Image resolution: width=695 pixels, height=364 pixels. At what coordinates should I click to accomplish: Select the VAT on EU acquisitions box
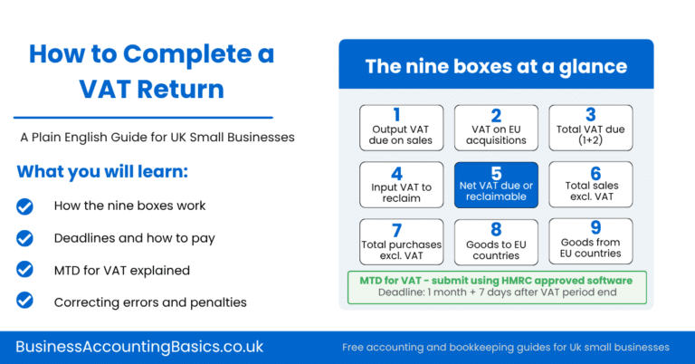(x=496, y=128)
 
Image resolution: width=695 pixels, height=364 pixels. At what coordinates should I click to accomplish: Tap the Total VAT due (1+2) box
(x=591, y=128)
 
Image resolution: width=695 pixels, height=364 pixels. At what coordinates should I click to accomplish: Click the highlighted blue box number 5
(x=496, y=184)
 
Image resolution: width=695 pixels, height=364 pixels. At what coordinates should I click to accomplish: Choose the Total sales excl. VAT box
(x=591, y=184)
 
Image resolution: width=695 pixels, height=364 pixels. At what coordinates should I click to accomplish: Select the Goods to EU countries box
(x=496, y=240)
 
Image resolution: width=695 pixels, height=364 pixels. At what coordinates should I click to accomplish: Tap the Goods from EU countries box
(x=591, y=240)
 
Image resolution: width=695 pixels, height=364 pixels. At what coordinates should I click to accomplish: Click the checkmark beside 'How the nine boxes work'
(x=25, y=206)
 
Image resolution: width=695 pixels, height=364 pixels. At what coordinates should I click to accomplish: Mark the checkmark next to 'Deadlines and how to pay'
(x=25, y=238)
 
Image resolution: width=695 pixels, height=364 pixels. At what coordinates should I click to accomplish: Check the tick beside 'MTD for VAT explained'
(x=25, y=270)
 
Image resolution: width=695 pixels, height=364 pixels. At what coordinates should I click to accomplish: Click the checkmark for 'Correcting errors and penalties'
(x=25, y=302)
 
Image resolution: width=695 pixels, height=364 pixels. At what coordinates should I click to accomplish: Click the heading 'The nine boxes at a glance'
(x=495, y=66)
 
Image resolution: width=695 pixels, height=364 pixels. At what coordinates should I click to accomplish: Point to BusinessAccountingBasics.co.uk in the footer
(x=139, y=346)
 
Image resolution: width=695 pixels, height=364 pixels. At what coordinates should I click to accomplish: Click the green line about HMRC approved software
(x=495, y=280)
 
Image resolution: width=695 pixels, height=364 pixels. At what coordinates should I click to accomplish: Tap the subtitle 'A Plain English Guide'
(x=157, y=138)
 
